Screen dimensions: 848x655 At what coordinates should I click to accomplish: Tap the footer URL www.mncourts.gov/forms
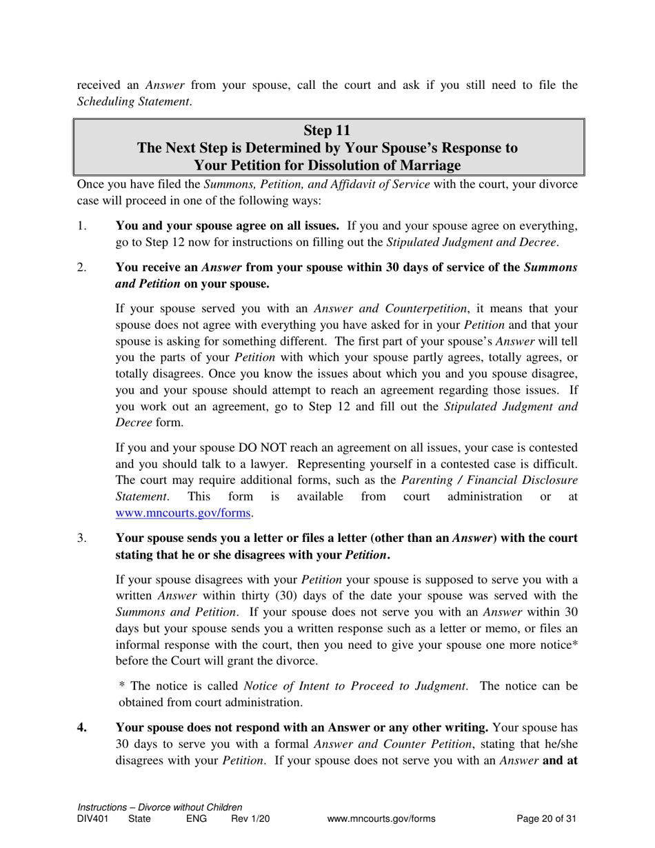[x=382, y=819]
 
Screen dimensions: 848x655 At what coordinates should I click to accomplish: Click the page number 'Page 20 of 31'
[x=546, y=819]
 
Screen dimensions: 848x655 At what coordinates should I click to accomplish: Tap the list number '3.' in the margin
[x=83, y=537]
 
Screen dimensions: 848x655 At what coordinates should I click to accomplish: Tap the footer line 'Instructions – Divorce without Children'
[x=160, y=807]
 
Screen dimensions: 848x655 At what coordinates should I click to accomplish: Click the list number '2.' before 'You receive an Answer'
[x=83, y=267]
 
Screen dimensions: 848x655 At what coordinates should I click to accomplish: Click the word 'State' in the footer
[x=140, y=819]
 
